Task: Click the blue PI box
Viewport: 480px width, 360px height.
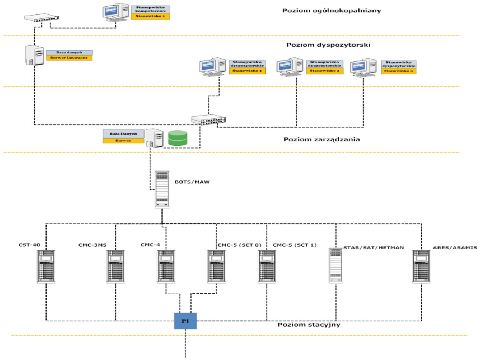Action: pyautogui.click(x=185, y=320)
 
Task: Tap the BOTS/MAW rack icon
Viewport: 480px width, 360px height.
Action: pyautogui.click(x=162, y=189)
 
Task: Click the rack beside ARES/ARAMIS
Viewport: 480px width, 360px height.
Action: pyautogui.click(x=421, y=267)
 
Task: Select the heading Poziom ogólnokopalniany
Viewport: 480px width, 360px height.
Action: pyautogui.click(x=332, y=10)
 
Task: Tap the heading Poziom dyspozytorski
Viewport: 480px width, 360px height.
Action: pyautogui.click(x=328, y=45)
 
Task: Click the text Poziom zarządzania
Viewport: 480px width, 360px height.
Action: pyautogui.click(x=321, y=140)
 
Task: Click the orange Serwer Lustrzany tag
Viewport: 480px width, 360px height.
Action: pyautogui.click(x=68, y=58)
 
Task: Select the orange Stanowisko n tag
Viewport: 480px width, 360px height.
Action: pyautogui.click(x=399, y=71)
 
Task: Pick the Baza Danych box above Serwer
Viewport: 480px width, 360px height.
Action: pyautogui.click(x=123, y=133)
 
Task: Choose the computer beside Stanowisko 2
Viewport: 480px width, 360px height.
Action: pyautogui.click(x=290, y=67)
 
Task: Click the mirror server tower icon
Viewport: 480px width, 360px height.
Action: pyautogui.click(x=34, y=56)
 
